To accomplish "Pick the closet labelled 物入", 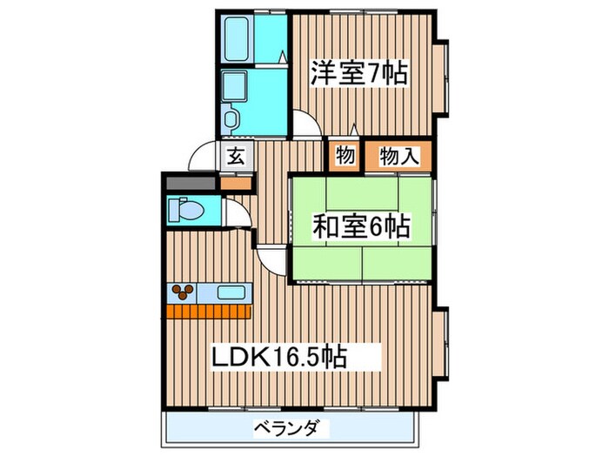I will pos(398,156).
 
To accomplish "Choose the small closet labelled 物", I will pos(344,156).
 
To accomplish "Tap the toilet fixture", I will pos(185,209).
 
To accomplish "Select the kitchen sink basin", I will pos(231,292).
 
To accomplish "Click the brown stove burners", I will pos(184,292).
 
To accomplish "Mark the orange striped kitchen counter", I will pos(208,308).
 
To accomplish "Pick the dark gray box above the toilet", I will pos(190,184).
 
